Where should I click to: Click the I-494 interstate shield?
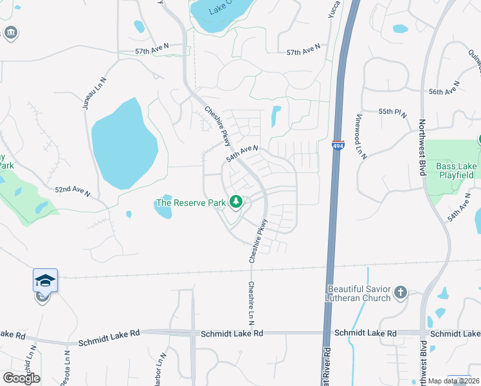click(338, 145)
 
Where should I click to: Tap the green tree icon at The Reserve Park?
click(236, 203)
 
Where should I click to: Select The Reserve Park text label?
click(191, 203)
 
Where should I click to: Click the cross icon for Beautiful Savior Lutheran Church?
click(401, 293)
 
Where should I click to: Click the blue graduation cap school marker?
click(45, 280)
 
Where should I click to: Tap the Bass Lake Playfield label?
click(457, 170)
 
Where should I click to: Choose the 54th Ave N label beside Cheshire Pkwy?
click(242, 154)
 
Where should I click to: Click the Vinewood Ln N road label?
click(359, 137)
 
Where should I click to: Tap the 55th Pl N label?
click(393, 112)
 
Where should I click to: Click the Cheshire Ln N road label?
click(251, 302)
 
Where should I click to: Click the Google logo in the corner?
click(21, 378)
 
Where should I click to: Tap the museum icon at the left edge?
click(11, 33)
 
